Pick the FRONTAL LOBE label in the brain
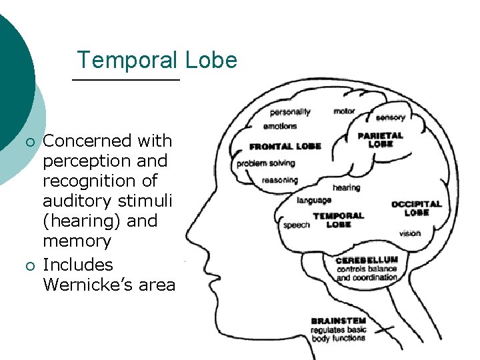click(285, 147)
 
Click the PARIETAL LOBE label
click(381, 139)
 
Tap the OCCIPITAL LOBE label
click(416, 208)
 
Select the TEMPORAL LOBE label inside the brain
click(338, 220)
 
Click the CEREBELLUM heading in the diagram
click(367, 260)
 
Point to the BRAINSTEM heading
click(338, 321)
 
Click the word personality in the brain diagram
click(290, 112)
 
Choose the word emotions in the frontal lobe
click(280, 126)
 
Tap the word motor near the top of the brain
click(344, 111)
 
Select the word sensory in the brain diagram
click(390, 118)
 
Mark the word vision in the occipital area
click(410, 233)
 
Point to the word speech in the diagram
click(296, 225)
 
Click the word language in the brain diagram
click(314, 200)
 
